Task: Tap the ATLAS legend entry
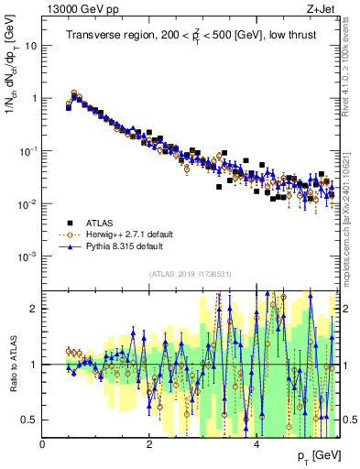click(104, 223)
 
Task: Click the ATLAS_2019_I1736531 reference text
click(190, 274)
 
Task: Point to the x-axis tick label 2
click(149, 444)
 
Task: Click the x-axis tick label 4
click(256, 444)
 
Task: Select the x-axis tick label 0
click(43, 444)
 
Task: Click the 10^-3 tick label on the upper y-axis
click(27, 256)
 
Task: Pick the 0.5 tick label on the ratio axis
click(29, 420)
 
